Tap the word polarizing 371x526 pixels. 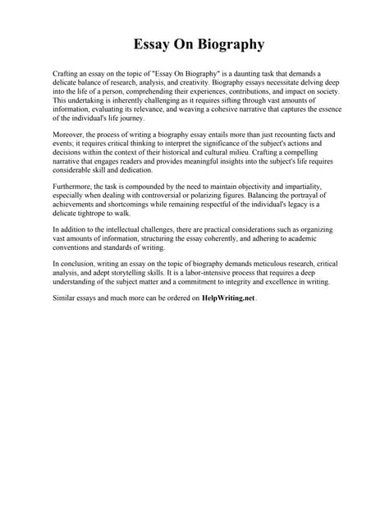[210, 195]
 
